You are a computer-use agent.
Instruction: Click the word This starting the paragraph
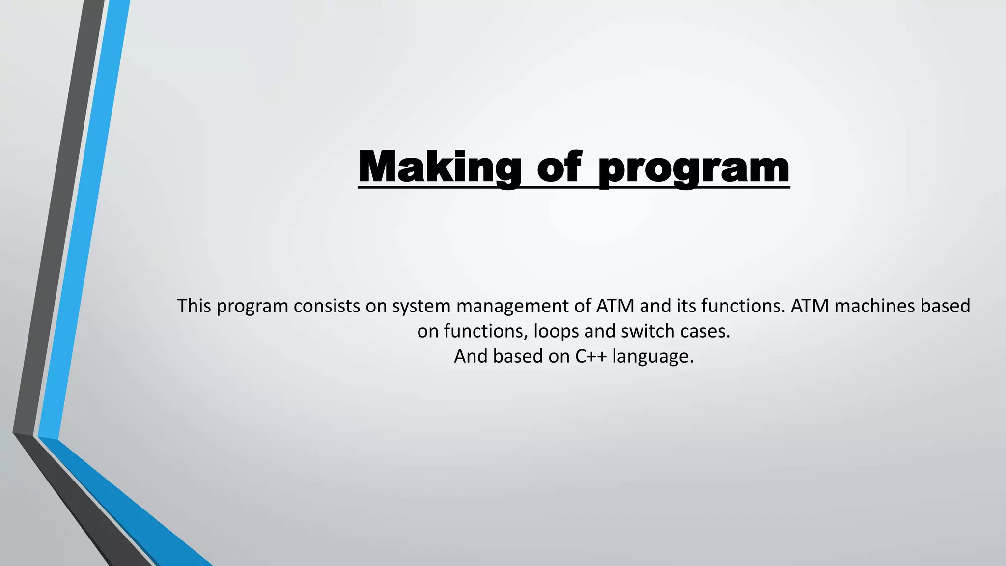(194, 306)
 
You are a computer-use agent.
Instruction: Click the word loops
(556, 332)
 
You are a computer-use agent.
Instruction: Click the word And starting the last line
(471, 356)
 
